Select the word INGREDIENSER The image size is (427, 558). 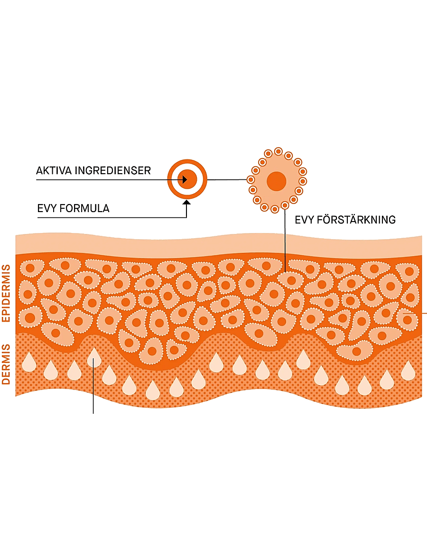pyautogui.click(x=113, y=170)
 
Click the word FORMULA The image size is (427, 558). pyautogui.click(x=84, y=208)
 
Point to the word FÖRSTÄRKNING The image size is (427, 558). pyautogui.click(x=356, y=220)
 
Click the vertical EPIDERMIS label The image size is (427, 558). pyautogui.click(x=6, y=293)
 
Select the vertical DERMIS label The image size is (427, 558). pyautogui.click(x=6, y=364)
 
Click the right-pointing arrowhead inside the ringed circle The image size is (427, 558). pyautogui.click(x=185, y=180)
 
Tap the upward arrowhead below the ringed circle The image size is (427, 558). pyautogui.click(x=186, y=203)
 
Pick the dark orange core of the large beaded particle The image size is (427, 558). pyautogui.click(x=277, y=181)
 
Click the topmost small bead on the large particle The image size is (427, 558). pyautogui.click(x=278, y=151)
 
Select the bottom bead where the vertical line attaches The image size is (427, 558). pyautogui.click(x=285, y=205)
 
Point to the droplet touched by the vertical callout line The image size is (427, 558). pyautogui.click(x=94, y=358)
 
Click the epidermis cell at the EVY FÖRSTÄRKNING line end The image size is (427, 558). pyautogui.click(x=290, y=280)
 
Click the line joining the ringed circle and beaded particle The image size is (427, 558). pyautogui.click(x=227, y=180)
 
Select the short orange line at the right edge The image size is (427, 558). pyautogui.click(x=415, y=313)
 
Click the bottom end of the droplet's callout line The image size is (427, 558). pyautogui.click(x=93, y=413)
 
